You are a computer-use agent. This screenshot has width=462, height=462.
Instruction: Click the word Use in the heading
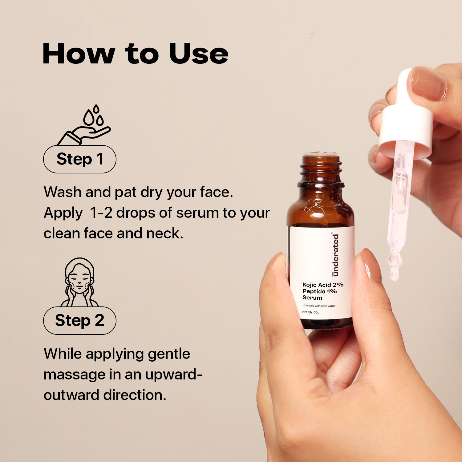point(199,54)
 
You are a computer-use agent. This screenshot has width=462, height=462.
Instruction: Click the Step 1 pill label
point(80,159)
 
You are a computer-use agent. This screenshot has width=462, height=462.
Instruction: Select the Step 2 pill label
point(80,321)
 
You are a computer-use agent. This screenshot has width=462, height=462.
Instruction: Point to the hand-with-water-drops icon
point(84,125)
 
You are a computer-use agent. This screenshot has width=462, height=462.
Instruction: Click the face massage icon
point(79,282)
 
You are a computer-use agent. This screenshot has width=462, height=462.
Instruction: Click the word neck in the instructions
point(165,233)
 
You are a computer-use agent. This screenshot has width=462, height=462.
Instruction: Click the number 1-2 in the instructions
point(101,213)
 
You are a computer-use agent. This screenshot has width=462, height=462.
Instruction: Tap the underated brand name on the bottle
point(335,254)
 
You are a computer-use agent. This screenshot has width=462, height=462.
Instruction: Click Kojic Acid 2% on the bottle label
point(323,285)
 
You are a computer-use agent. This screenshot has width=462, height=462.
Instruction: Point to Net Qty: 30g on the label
point(311,312)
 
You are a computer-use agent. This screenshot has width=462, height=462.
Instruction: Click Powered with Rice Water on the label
point(319,306)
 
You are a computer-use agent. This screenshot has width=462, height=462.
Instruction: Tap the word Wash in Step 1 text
point(63,192)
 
